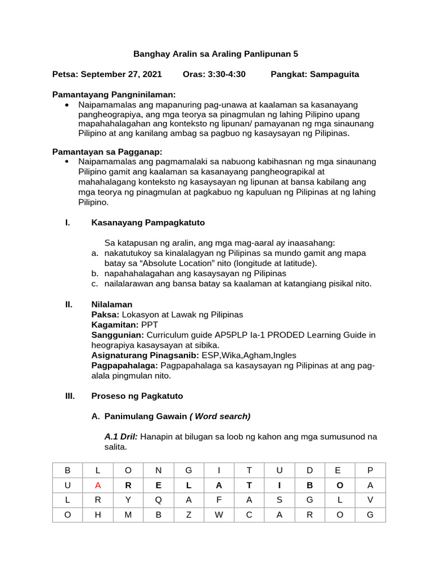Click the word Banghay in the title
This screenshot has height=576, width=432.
tap(149, 54)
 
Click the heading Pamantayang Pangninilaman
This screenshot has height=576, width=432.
tap(114, 94)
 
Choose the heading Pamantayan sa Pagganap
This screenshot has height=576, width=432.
tap(107, 151)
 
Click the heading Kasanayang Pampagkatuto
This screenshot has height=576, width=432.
tap(148, 222)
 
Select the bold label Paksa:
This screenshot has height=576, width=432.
tap(105, 314)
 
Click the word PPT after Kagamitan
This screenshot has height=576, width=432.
tap(150, 325)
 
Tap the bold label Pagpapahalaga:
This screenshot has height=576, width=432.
tap(124, 366)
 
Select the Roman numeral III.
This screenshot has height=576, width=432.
tap(70, 395)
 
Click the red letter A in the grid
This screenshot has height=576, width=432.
tap(98, 485)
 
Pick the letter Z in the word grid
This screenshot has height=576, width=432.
tap(189, 515)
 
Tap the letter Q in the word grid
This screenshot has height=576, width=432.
tap(159, 500)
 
